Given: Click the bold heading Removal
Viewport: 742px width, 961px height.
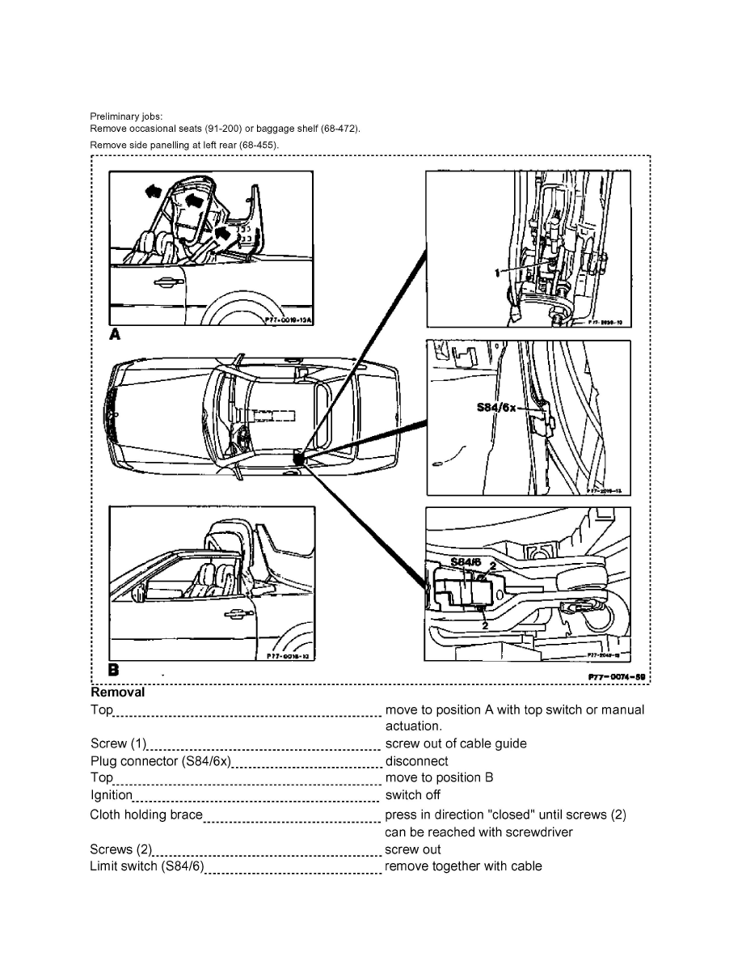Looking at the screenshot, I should click(x=117, y=692).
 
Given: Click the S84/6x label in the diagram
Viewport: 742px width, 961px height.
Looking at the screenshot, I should click(x=495, y=408).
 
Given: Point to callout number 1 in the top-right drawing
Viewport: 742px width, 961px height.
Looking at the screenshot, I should click(x=497, y=273).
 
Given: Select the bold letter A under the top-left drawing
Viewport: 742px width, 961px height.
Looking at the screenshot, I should click(x=115, y=334).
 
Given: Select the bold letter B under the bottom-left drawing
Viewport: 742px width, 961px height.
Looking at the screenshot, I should click(x=114, y=670).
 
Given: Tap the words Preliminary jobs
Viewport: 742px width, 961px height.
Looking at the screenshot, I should click(x=126, y=116).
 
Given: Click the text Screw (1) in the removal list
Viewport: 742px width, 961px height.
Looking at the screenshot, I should click(x=118, y=743).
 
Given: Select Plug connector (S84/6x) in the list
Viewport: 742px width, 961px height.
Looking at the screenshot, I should click(x=161, y=761).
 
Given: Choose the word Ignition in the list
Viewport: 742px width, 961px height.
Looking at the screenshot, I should click(x=111, y=794).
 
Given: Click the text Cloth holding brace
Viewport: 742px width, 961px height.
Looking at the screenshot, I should click(x=146, y=815).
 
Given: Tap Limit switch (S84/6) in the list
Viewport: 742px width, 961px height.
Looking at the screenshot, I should click(x=147, y=866).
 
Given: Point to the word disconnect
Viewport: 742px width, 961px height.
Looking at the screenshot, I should click(x=416, y=761).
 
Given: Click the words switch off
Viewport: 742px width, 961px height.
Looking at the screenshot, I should click(x=412, y=794).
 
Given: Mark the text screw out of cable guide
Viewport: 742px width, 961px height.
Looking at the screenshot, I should click(x=455, y=743).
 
